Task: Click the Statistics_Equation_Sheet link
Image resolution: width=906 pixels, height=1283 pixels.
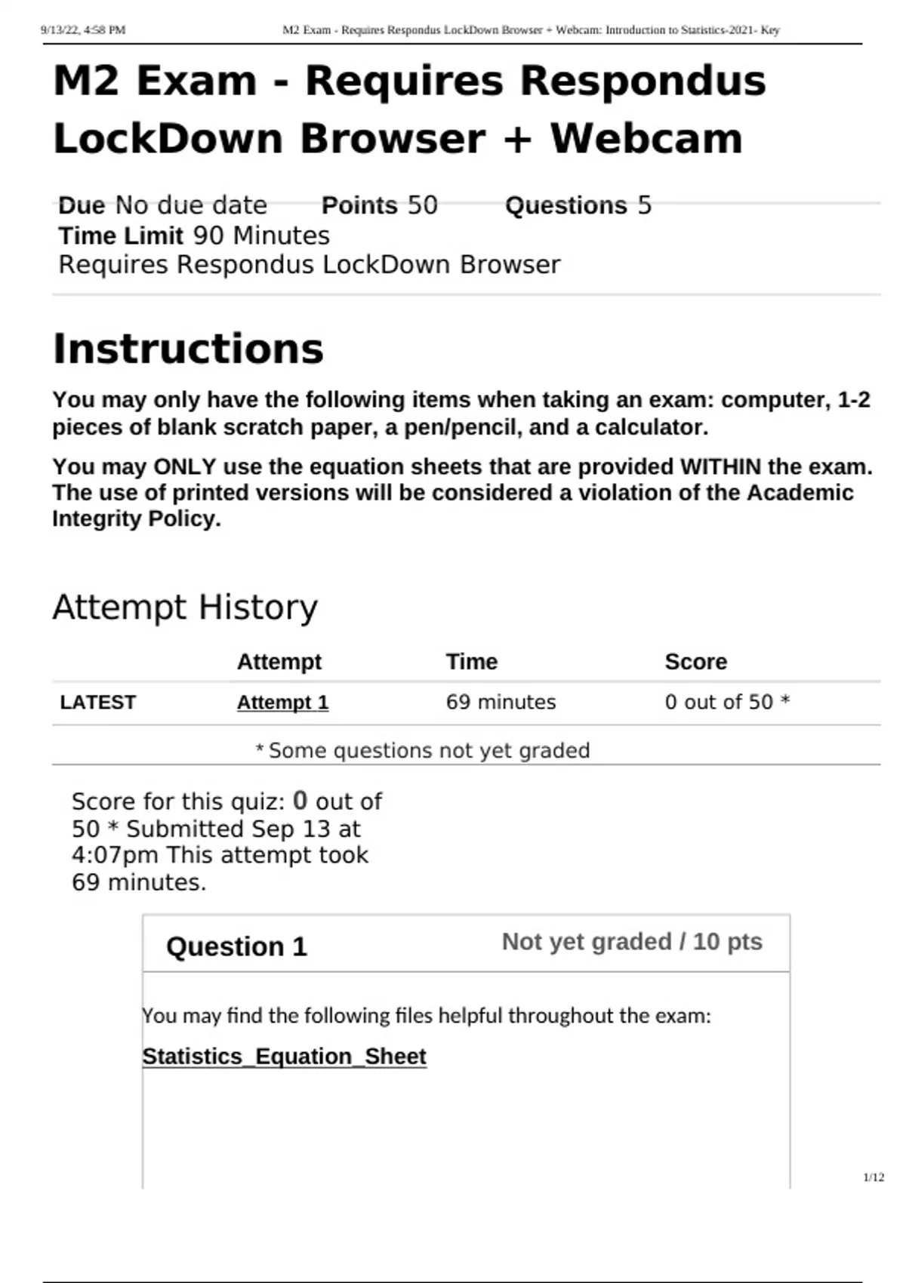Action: pos(284,1057)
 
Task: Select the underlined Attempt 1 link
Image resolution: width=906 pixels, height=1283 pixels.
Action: pos(282,703)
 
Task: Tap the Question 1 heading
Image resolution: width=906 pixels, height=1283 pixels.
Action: pos(236,946)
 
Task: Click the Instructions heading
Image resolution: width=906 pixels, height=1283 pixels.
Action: pos(188,349)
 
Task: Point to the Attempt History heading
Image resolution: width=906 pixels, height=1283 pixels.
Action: pos(185,608)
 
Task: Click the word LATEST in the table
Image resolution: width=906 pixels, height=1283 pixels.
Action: pos(97,703)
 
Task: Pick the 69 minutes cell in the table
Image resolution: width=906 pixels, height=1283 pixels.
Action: pos(501,703)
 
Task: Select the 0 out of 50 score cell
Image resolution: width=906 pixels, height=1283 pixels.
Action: pos(726,703)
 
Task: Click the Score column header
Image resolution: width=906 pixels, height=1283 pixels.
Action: pos(695,662)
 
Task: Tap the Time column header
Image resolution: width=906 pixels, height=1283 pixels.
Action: pos(471,662)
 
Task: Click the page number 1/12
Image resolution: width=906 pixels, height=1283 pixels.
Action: pos(874,1177)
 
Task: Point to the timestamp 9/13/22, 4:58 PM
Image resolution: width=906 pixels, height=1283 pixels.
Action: pos(83,30)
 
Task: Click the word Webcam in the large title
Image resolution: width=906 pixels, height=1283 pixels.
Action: pos(646,139)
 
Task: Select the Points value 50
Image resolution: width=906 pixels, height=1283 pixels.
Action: pos(422,205)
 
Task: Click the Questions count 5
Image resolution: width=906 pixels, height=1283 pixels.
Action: pos(644,205)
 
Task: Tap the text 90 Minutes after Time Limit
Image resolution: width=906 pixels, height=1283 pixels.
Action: pos(261,235)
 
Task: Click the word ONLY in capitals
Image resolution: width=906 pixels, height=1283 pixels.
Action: pos(185,467)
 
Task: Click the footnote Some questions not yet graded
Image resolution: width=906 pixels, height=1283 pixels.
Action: pos(429,751)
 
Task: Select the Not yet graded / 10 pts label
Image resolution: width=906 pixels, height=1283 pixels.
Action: pos(632,942)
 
